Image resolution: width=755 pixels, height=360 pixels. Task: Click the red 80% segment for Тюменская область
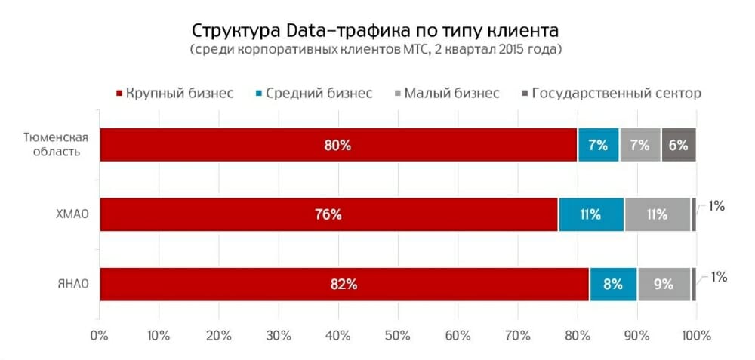click(x=337, y=145)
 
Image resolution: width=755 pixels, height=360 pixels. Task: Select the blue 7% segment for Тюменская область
click(x=598, y=145)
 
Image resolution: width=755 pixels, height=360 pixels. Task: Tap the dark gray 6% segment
click(x=678, y=145)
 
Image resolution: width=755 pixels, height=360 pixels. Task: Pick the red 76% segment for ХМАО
click(x=328, y=214)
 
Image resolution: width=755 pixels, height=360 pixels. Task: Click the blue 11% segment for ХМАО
click(x=591, y=214)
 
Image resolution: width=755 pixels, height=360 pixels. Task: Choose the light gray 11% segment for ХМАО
click(x=657, y=214)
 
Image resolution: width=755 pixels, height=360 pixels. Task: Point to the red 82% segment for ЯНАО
click(x=344, y=284)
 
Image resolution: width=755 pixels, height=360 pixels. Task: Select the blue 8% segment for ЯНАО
click(x=612, y=284)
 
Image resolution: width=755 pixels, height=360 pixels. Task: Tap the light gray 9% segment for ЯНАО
click(x=663, y=284)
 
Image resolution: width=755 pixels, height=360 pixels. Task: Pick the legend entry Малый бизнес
click(x=451, y=94)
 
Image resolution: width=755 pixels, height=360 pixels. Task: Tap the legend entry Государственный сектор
click(x=615, y=94)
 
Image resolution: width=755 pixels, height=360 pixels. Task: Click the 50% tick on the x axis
click(x=397, y=334)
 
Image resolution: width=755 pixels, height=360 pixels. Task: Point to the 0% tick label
click(x=99, y=334)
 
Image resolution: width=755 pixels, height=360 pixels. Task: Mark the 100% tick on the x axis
click(x=695, y=334)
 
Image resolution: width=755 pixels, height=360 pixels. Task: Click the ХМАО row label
click(x=72, y=214)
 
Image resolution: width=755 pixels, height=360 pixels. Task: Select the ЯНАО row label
click(x=73, y=284)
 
